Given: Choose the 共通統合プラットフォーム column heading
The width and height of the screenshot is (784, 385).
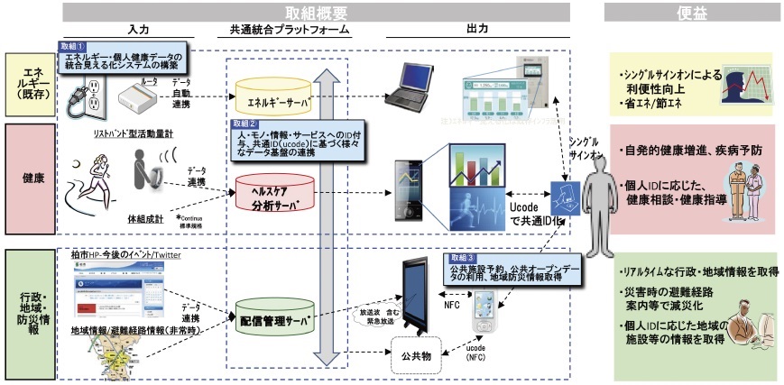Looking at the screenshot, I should click(283, 30).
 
